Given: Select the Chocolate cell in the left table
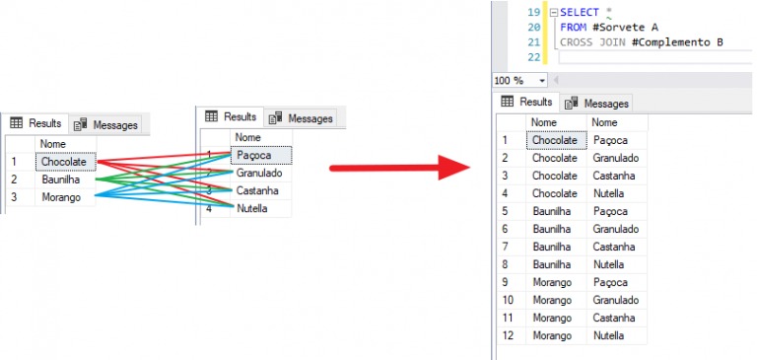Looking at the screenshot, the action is point(64,162).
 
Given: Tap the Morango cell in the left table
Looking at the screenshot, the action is point(60,197).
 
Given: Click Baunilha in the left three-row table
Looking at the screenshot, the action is point(61,180).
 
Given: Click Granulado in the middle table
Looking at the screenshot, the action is point(260,173).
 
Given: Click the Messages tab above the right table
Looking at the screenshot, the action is point(596,103).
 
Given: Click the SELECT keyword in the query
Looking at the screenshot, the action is point(579,12).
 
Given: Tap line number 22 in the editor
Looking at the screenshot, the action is point(533,58).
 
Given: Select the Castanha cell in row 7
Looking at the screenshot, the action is point(615,247).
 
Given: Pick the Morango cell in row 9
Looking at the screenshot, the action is point(552,282).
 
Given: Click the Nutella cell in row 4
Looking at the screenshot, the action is point(608,193).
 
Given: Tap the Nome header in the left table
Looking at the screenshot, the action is point(53,144).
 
